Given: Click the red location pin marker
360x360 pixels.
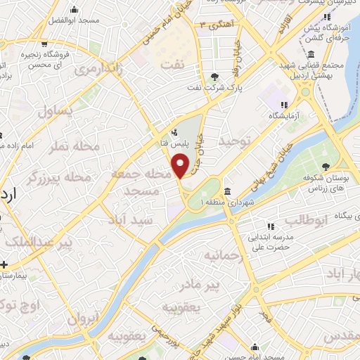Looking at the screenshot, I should (181, 167).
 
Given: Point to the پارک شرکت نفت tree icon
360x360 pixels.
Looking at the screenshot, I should (214, 77).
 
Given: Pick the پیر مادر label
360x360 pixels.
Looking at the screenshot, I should (222, 285).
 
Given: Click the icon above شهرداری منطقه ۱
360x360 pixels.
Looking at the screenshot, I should (227, 191).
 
